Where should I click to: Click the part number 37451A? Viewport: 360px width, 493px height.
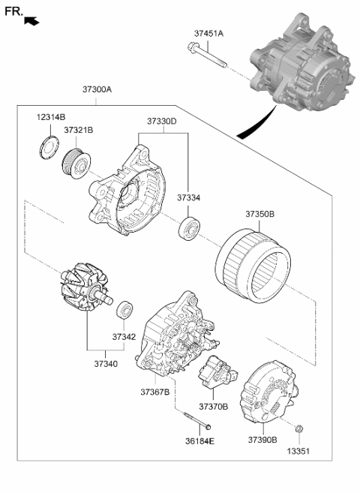(x=208, y=33)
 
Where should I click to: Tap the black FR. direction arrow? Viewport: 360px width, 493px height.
(x=31, y=21)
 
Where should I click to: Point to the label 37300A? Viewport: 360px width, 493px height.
(x=97, y=89)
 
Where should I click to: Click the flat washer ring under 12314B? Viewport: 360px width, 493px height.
(x=49, y=148)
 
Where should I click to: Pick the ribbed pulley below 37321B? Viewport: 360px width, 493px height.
(x=76, y=163)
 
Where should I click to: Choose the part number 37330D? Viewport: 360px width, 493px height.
(x=162, y=122)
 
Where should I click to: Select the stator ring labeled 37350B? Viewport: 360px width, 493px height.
(x=253, y=266)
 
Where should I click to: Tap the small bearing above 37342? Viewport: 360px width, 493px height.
(x=124, y=309)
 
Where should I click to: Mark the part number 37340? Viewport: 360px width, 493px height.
(x=106, y=364)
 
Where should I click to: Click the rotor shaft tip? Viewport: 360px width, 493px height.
(x=110, y=301)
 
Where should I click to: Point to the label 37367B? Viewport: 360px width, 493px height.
(x=154, y=392)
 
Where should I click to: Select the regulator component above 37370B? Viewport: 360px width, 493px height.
(x=217, y=372)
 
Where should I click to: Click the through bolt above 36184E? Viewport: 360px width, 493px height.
(x=197, y=420)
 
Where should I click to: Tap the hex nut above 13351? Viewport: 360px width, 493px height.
(x=299, y=428)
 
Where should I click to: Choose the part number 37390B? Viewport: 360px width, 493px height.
(x=262, y=440)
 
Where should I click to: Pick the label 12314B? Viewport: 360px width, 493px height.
(x=51, y=118)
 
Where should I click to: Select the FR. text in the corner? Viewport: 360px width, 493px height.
(x=13, y=12)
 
